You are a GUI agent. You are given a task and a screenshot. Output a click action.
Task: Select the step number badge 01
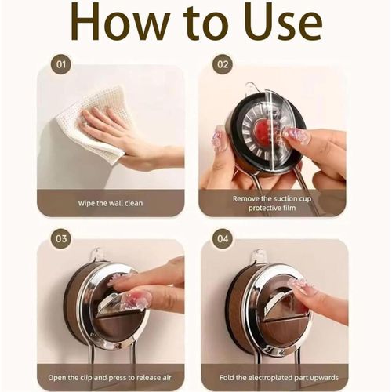tap(61, 64)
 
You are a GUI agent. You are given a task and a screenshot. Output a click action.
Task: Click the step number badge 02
tap(223, 64)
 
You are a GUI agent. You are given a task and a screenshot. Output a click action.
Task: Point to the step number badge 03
tap(61, 238)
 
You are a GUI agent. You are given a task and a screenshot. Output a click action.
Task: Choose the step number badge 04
tap(223, 238)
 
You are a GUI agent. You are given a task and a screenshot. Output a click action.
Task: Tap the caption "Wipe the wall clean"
tap(111, 203)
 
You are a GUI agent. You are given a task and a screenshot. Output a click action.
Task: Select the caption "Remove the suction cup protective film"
tap(272, 203)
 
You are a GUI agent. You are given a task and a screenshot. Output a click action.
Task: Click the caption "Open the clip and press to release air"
tap(110, 378)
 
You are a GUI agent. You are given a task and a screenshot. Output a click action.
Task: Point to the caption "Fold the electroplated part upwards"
tap(279, 378)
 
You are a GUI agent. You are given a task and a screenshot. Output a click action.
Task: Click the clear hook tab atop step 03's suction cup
tap(97, 254)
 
